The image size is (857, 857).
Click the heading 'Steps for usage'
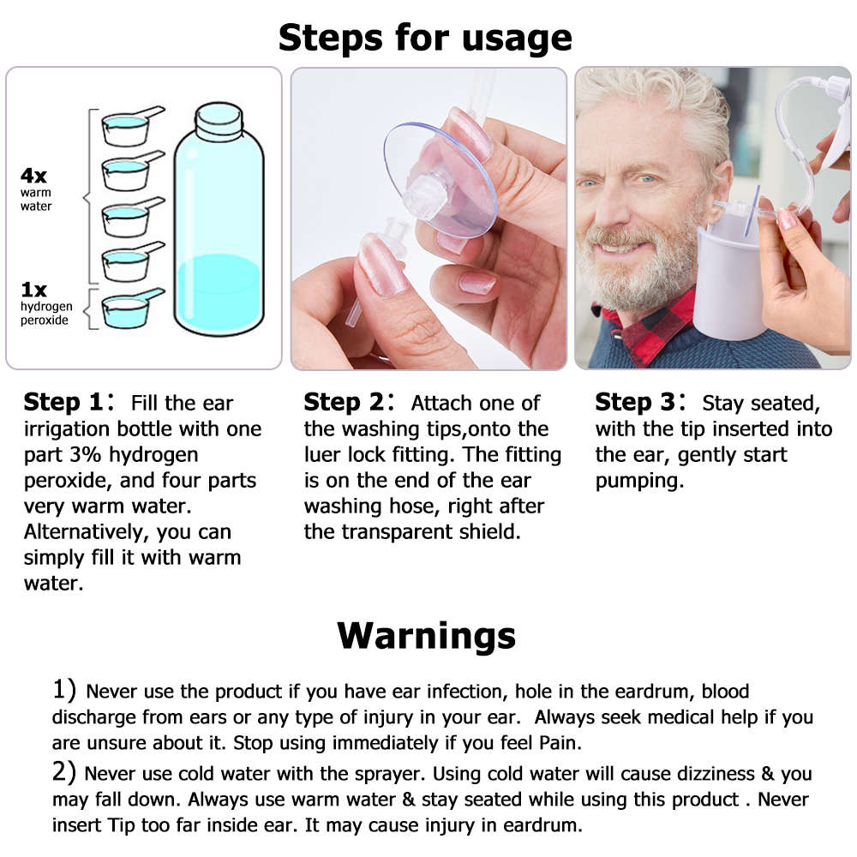tap(425, 38)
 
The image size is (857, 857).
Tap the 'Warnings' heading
tap(426, 636)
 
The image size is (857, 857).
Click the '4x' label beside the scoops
tap(34, 176)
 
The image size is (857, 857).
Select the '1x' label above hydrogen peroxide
tap(34, 290)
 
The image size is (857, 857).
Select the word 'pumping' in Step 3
tap(638, 481)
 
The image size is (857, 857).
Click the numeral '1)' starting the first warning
tap(65, 690)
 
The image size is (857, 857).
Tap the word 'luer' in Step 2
tap(325, 455)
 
